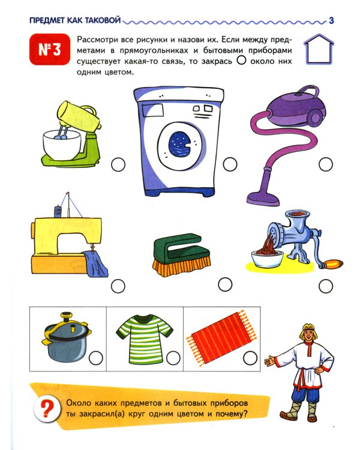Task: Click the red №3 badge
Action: [x=46, y=49]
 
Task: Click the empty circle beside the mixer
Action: [x=118, y=163]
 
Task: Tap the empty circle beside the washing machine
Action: [x=229, y=163]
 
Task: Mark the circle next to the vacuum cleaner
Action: [x=326, y=163]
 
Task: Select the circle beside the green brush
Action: [x=225, y=283]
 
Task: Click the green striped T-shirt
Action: [x=141, y=340]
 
